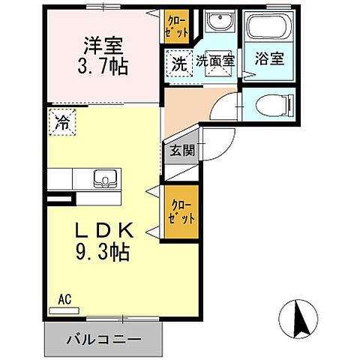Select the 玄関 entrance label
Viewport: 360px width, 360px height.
point(181,150)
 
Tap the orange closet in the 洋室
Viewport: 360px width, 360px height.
point(178,26)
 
